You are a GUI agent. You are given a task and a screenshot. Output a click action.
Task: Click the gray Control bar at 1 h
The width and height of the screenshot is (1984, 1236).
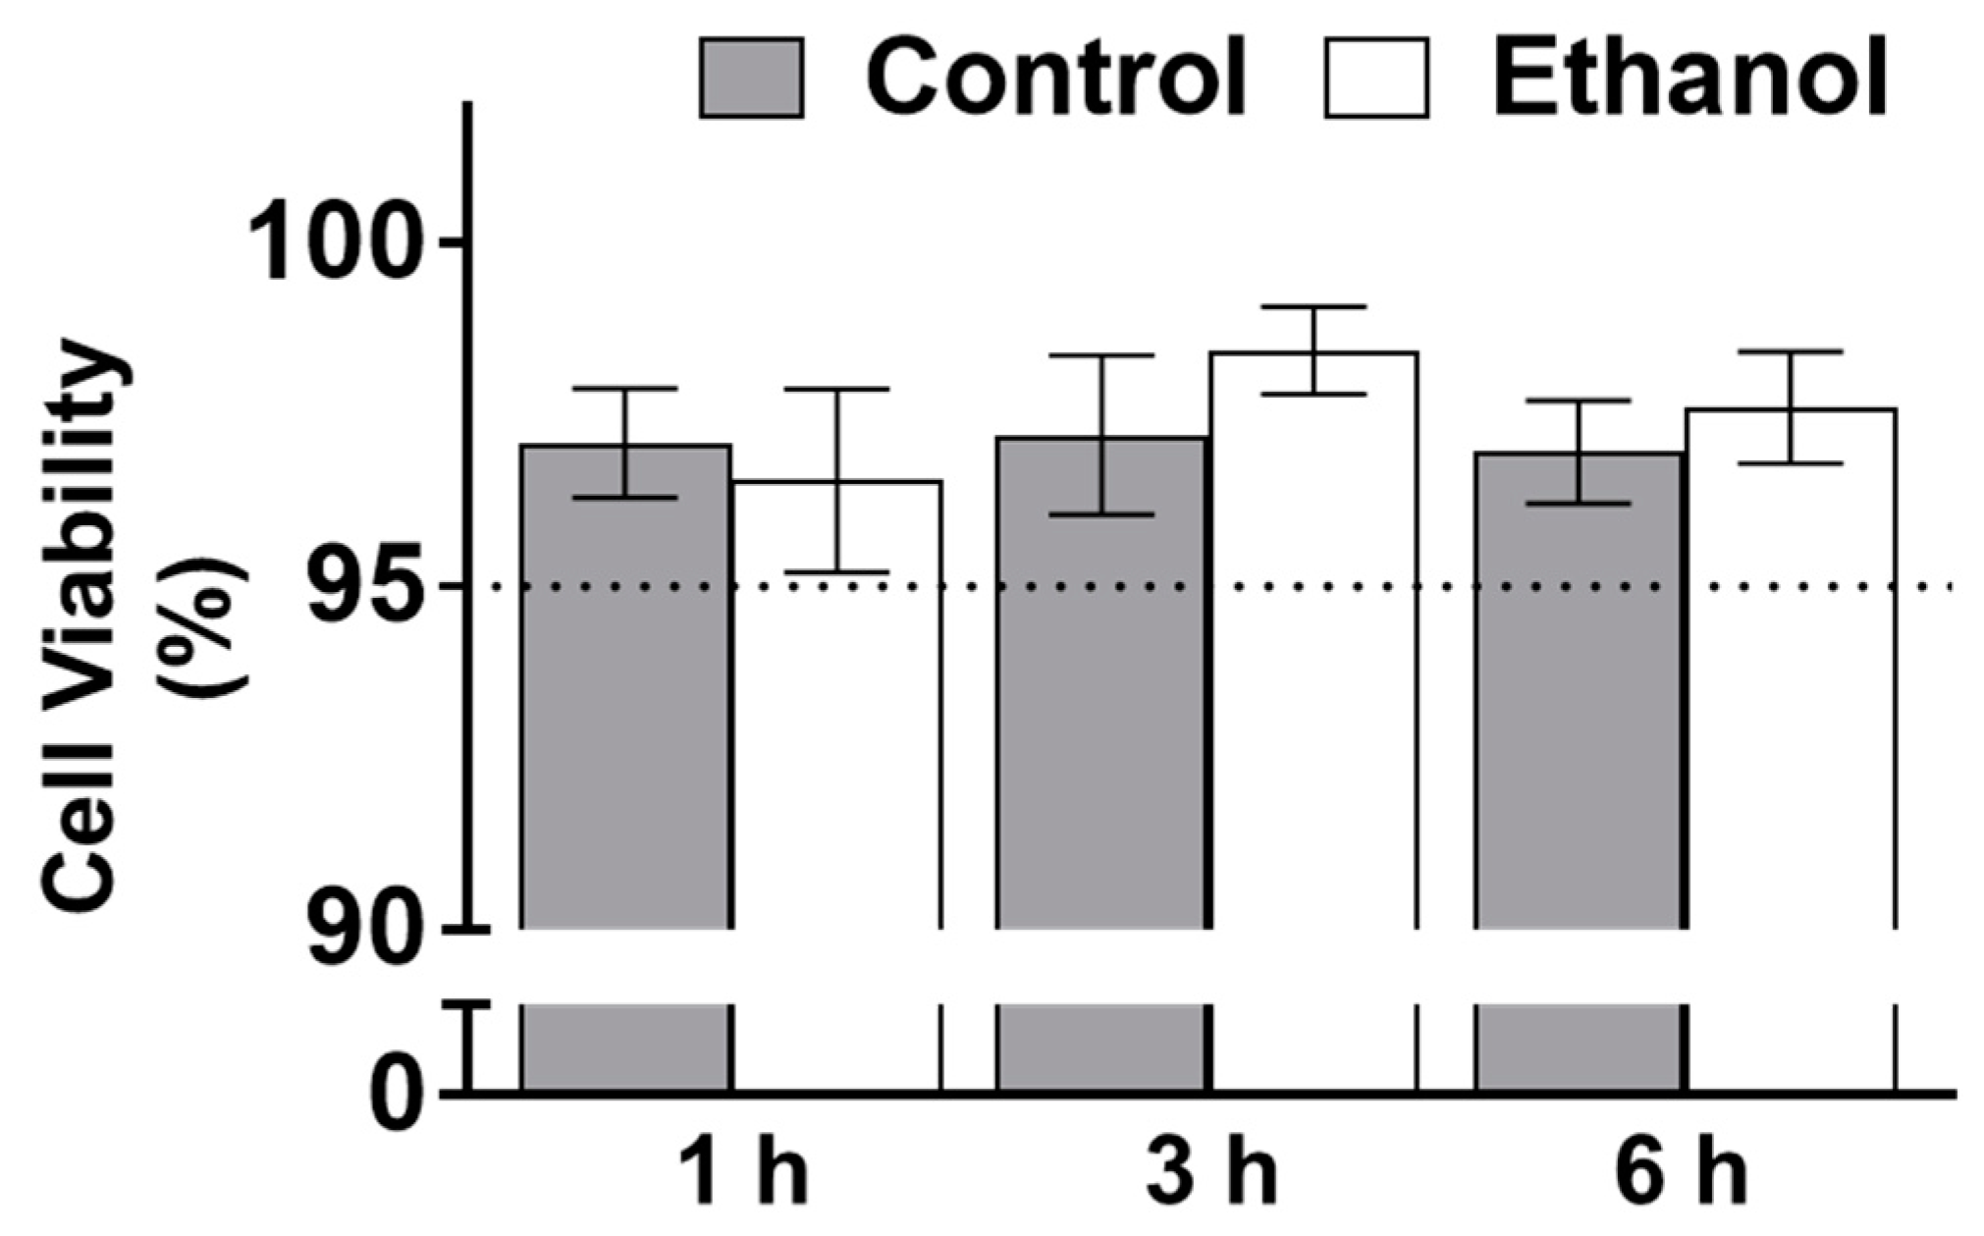pos(625,707)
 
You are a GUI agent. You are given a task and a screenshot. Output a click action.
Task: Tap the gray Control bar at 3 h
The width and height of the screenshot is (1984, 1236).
pos(1101,707)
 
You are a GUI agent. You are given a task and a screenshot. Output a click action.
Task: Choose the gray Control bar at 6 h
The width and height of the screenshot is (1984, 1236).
pos(1580,707)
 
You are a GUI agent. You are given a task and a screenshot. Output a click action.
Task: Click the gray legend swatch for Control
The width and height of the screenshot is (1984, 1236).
pos(751,78)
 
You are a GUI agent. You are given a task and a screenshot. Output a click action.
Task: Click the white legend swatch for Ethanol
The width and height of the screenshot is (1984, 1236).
pos(1375,78)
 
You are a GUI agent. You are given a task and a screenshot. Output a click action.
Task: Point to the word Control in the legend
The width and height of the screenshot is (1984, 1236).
pos(1055,76)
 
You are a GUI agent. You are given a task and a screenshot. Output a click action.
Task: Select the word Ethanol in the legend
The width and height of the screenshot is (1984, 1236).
pos(1689,76)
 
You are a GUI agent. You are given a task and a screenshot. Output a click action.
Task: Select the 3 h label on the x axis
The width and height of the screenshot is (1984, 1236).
pos(1212,1173)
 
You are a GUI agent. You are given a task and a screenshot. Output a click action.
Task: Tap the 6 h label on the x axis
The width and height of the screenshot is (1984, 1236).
pos(1681,1173)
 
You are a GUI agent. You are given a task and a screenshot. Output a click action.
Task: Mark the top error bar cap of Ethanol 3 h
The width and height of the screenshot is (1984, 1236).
pos(1314,307)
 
